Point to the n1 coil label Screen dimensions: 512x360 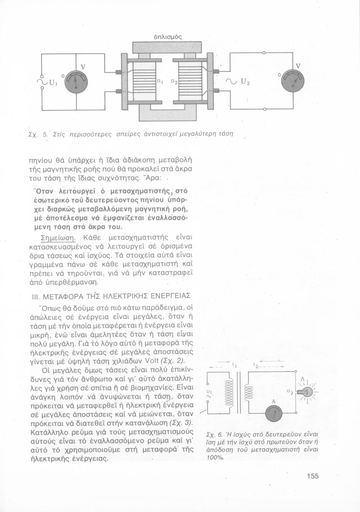[159, 81]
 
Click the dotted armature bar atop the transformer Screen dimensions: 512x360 [167, 47]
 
